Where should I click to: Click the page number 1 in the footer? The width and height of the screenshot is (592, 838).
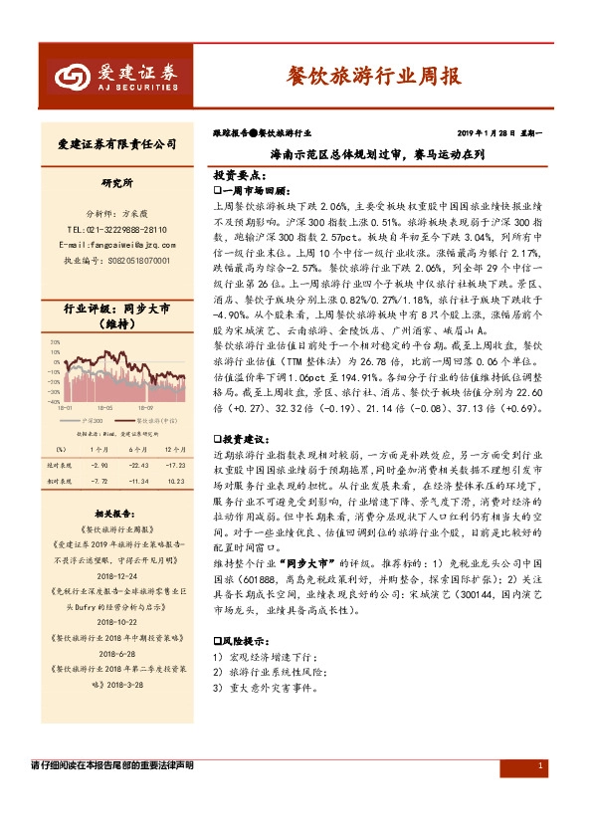[538, 765]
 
